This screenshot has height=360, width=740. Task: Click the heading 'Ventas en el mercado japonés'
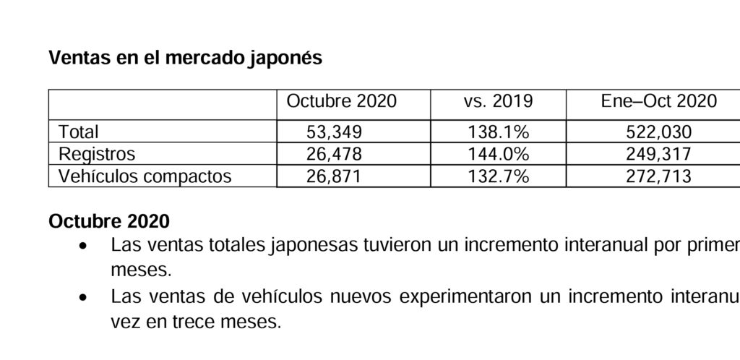coord(185,59)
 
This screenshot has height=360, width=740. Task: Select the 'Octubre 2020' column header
coord(341,101)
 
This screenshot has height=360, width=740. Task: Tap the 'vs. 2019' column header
coord(498,101)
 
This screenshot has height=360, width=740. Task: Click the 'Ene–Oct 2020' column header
coord(658,101)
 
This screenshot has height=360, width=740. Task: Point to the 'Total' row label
coord(79,132)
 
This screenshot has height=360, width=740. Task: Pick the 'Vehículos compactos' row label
coord(145,176)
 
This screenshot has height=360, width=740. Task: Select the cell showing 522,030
coord(657,132)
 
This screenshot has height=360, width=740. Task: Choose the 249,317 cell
coord(657,154)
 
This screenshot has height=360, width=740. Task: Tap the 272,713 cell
coord(657,176)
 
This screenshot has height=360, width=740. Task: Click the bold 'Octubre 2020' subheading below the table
coord(109,220)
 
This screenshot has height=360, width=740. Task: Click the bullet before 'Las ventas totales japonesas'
coord(85,246)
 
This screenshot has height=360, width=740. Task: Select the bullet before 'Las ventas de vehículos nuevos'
coord(85,297)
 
